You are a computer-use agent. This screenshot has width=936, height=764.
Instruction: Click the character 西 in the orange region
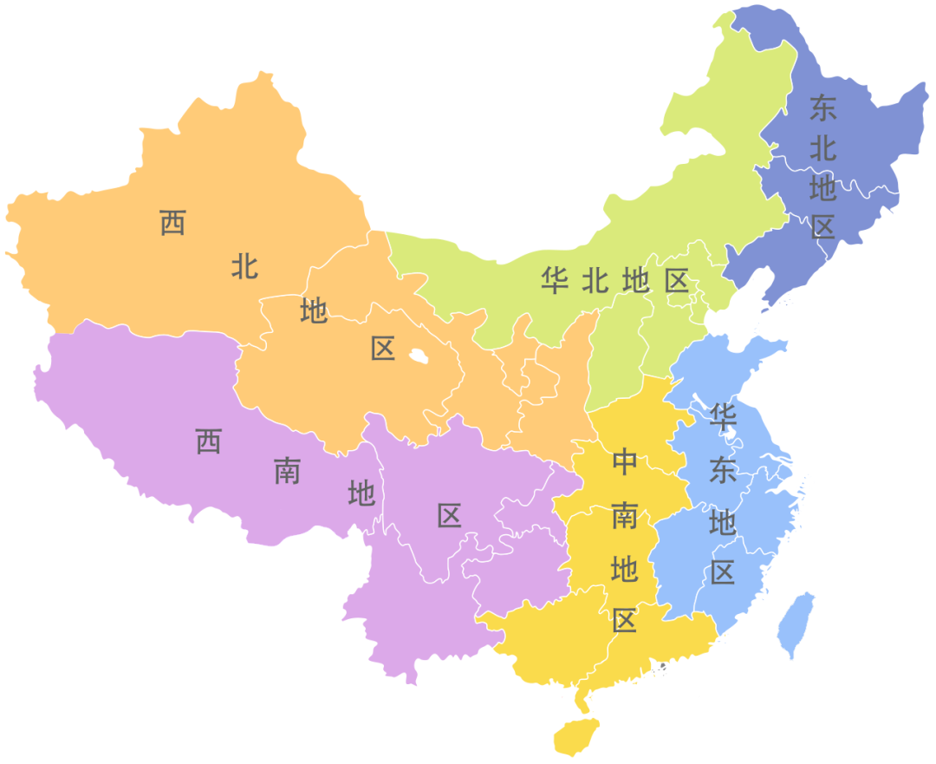tap(172, 223)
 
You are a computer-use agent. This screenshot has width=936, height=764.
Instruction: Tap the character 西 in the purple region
tap(208, 441)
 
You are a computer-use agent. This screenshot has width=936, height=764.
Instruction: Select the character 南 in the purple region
tap(287, 471)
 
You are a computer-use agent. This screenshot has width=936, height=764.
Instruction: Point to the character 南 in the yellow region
tap(624, 515)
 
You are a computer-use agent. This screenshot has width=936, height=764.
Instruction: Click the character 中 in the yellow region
tap(624, 461)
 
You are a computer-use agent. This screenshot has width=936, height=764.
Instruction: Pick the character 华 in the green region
tap(555, 280)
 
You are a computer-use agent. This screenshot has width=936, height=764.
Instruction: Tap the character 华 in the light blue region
tap(722, 417)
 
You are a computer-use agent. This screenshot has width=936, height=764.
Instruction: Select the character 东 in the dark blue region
tap(823, 108)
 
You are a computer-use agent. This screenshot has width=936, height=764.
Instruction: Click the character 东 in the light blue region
tap(722, 469)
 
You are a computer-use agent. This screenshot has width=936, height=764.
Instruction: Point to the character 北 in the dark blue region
tap(823, 148)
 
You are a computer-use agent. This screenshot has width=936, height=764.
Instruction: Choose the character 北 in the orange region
tap(244, 266)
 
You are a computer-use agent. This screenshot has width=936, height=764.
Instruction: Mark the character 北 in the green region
tap(595, 280)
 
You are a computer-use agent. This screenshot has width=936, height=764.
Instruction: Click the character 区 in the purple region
tap(449, 516)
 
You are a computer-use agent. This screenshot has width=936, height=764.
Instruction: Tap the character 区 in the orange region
tap(383, 349)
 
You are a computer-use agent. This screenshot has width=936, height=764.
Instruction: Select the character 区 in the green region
tap(677, 280)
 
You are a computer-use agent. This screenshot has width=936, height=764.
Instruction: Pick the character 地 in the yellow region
tap(624, 569)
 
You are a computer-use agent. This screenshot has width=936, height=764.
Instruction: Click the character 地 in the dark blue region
tap(823, 187)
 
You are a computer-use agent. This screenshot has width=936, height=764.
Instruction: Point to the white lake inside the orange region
tap(419, 356)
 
